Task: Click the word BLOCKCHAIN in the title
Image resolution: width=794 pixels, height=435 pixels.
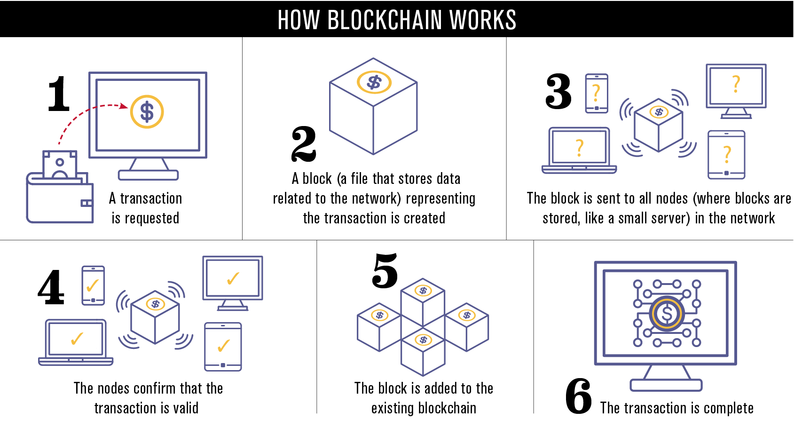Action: click(385, 20)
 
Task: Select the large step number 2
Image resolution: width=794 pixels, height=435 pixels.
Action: click(304, 144)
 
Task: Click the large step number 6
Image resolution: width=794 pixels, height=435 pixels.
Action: click(579, 396)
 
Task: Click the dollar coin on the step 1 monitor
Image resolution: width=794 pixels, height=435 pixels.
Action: click(147, 112)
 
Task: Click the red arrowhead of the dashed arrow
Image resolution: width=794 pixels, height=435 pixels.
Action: click(124, 106)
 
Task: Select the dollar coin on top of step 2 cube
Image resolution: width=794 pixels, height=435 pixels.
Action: click(374, 82)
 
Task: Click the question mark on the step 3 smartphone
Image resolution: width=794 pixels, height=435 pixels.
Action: click(596, 93)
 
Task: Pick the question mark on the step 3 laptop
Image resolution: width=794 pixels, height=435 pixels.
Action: click(580, 147)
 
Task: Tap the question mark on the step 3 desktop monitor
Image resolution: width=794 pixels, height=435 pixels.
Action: click(736, 84)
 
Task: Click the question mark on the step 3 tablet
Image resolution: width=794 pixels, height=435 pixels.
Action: click(727, 154)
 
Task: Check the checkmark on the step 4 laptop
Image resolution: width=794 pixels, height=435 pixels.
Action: click(77, 338)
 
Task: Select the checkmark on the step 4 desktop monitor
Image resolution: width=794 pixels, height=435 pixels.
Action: click(233, 278)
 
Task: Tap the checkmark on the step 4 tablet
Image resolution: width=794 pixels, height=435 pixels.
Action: click(223, 346)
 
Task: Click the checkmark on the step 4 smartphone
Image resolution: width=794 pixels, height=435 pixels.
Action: click(93, 285)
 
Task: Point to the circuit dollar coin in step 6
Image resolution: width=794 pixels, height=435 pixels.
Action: click(666, 313)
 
